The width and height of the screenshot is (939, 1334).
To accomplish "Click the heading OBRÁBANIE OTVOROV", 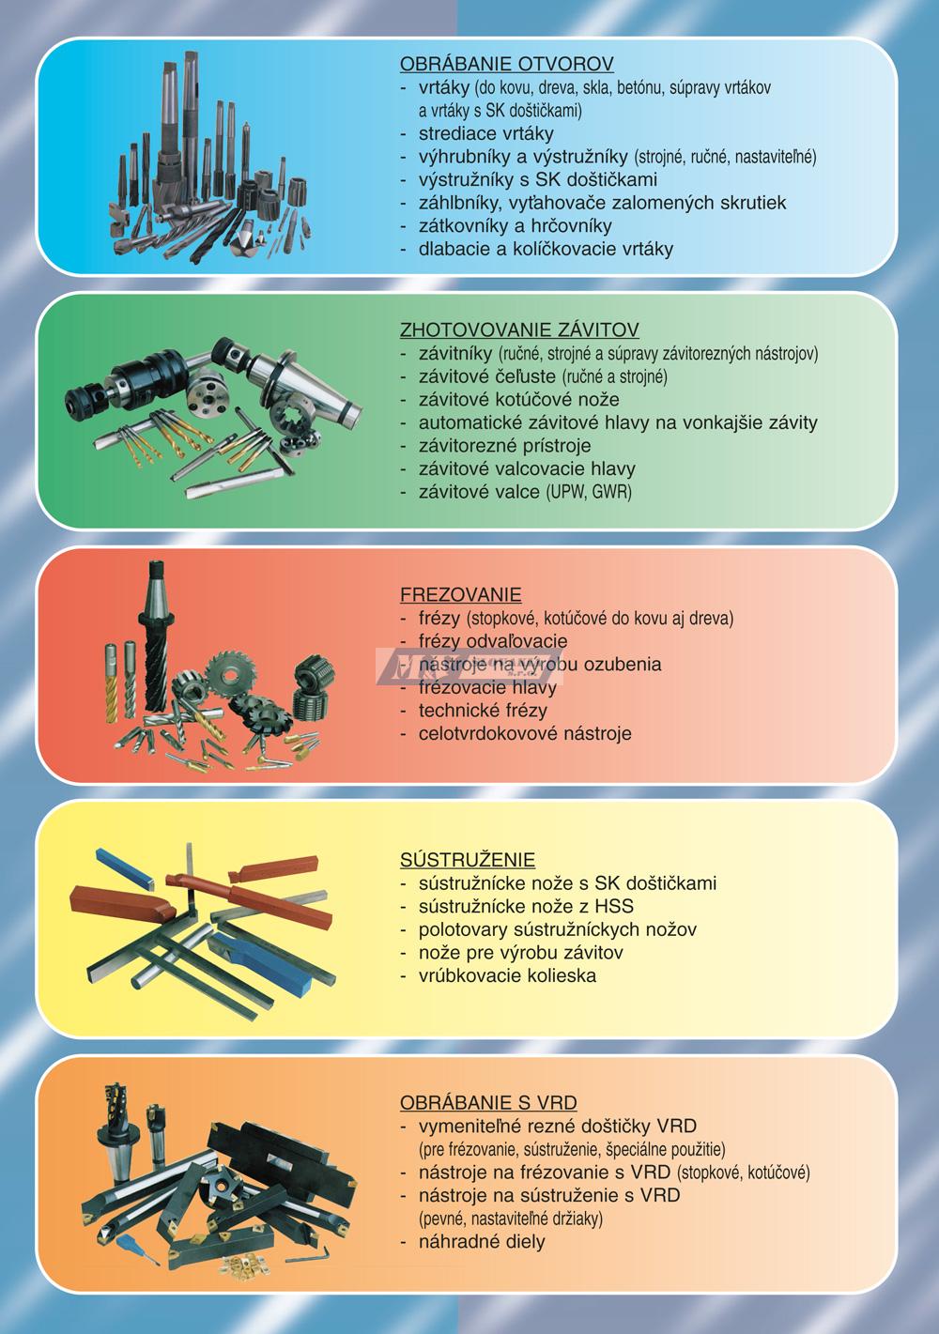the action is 506,64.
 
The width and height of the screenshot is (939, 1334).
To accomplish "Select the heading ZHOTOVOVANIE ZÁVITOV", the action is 519,330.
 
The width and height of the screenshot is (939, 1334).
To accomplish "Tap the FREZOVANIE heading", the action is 460,594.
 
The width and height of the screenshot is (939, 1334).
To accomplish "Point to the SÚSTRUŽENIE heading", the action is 468,859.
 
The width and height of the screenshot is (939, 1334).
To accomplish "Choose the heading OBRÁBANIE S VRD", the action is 488,1102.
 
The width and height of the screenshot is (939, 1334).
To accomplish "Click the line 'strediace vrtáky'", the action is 486,133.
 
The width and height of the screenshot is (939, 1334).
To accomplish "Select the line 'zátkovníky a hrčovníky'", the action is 516,225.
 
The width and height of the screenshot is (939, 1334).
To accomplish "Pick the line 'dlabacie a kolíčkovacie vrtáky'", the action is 546,249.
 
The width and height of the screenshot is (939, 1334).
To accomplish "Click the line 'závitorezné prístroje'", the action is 504,446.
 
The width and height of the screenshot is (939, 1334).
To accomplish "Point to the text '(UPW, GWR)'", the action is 589,492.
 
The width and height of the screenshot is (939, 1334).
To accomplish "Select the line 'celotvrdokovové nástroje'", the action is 525,733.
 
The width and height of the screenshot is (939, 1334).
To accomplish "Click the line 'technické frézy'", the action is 483,710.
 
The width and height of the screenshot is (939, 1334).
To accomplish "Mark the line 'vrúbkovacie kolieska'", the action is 507,975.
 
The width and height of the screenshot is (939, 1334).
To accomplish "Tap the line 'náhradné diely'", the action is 482,1242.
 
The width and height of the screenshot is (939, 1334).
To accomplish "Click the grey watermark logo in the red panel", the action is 469,666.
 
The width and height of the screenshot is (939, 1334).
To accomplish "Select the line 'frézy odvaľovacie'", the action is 493,641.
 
